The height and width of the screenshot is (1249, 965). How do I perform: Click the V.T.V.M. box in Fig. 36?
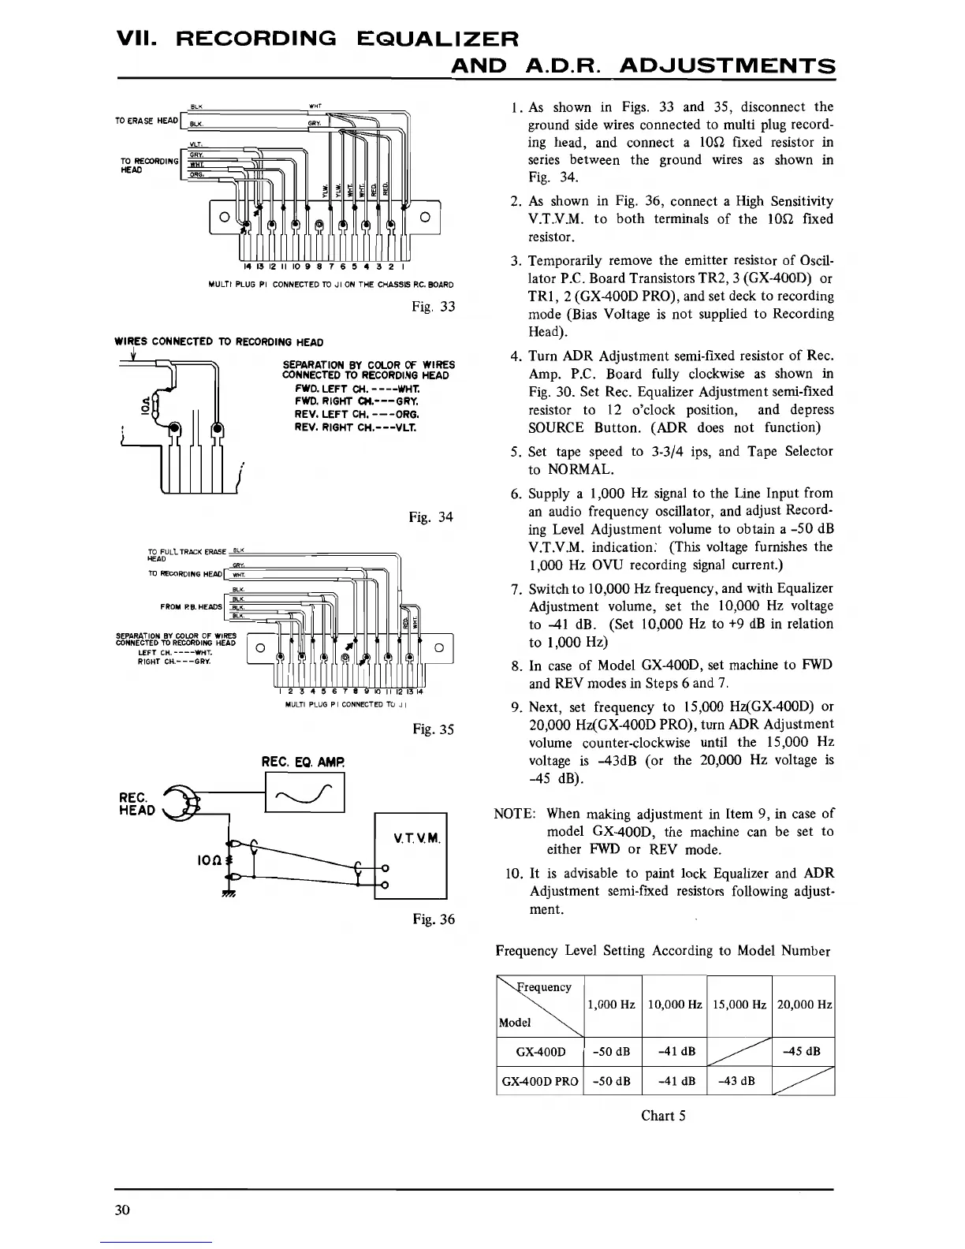[410, 854]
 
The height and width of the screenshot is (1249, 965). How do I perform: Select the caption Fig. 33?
[433, 306]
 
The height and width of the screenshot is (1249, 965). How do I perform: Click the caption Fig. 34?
[431, 517]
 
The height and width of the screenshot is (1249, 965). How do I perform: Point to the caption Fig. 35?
[433, 729]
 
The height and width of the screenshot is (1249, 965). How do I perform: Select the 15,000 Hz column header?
[739, 1005]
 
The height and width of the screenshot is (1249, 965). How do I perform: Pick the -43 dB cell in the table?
[739, 1080]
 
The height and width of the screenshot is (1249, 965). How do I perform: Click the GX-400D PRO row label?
[540, 1080]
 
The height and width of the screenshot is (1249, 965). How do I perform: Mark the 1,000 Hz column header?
[612, 1005]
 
